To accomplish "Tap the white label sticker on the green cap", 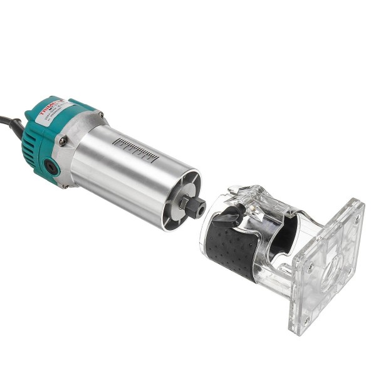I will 53,113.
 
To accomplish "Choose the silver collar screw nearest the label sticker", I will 100,115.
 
